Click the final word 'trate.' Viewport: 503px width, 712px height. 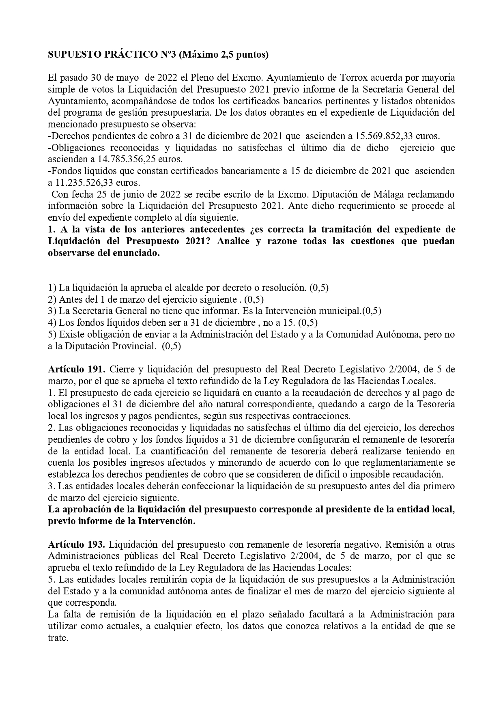coord(57,637)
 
